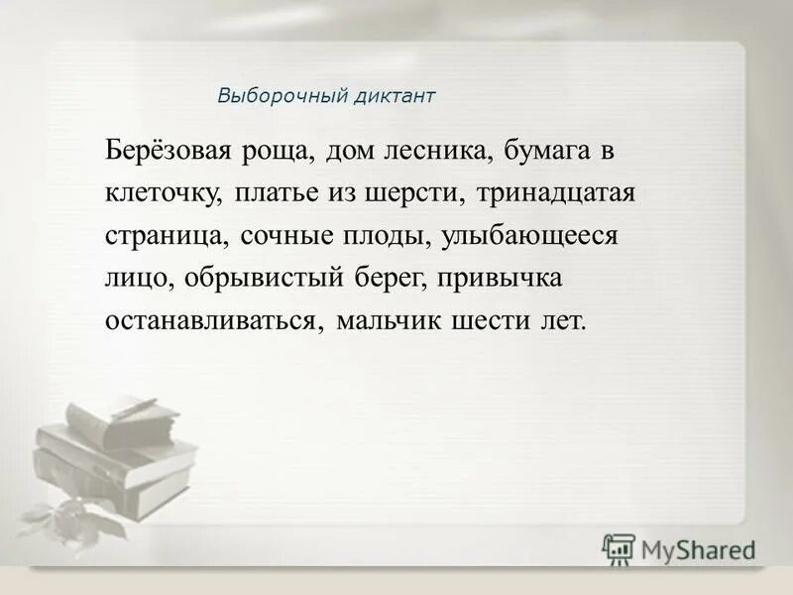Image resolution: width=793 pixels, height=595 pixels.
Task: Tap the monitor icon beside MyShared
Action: pos(620,548)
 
